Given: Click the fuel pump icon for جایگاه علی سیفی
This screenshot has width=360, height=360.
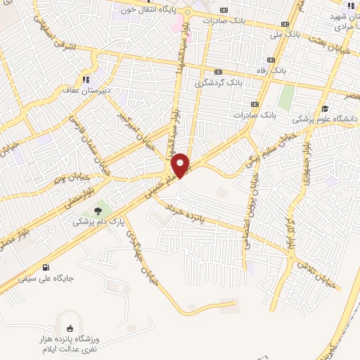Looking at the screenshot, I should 46,267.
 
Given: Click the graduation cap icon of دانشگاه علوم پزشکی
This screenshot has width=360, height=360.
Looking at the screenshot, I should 325,108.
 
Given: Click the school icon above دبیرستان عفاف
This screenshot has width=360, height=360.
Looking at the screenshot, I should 86,79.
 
